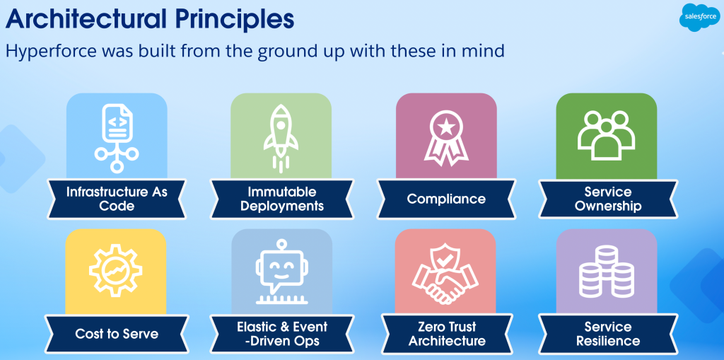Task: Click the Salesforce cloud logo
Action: click(699, 17)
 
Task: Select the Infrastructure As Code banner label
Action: click(117, 199)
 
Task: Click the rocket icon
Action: click(281, 137)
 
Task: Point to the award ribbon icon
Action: click(445, 138)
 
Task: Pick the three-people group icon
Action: click(606, 135)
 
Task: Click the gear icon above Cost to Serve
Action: click(115, 270)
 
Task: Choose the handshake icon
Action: click(445, 274)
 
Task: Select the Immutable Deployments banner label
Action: click(281, 199)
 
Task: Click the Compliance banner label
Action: click(446, 199)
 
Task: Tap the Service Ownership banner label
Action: click(607, 199)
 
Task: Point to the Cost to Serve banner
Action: click(117, 334)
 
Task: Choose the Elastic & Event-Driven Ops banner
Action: click(281, 334)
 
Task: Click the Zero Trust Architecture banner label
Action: click(447, 334)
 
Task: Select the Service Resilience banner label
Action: click(607, 334)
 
